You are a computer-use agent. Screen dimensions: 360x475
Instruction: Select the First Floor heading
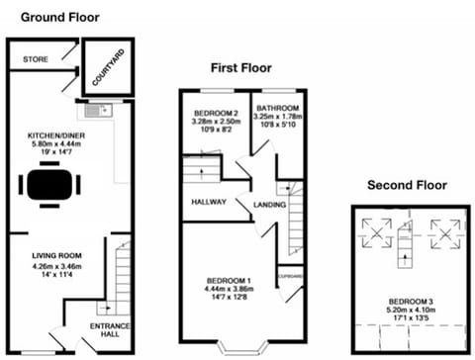[240, 68]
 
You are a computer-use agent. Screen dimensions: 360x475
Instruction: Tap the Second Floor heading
[407, 185]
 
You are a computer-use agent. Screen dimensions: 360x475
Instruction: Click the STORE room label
[36, 60]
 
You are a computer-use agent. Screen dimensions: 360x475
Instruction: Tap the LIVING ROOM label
[54, 255]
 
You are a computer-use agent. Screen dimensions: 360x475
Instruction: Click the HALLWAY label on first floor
[208, 203]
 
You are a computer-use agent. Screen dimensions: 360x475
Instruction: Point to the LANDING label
[270, 205]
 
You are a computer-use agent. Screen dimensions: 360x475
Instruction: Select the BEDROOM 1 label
[228, 280]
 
